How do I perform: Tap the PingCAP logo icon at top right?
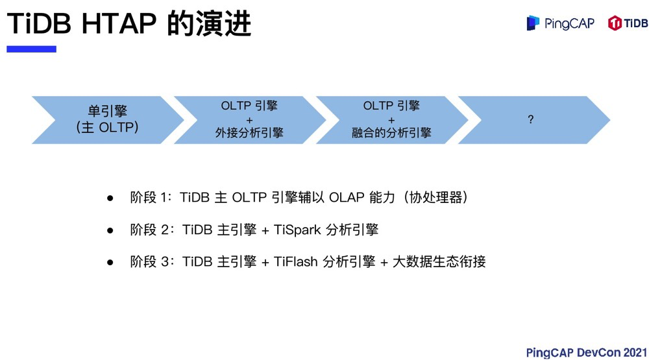pyautogui.click(x=533, y=24)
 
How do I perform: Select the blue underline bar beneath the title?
pyautogui.click(x=31, y=49)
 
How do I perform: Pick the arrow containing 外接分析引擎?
pyautogui.click(x=249, y=120)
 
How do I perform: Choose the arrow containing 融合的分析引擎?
pyautogui.click(x=391, y=120)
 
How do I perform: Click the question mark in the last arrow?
pyautogui.click(x=530, y=120)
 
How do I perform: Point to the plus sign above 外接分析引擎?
pyautogui.click(x=249, y=120)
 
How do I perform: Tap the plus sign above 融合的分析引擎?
pyautogui.click(x=391, y=120)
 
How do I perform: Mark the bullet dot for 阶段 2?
pyautogui.click(x=110, y=230)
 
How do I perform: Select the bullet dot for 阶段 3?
pyautogui.click(x=110, y=263)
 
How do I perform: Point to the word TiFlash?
pyautogui.click(x=296, y=262)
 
